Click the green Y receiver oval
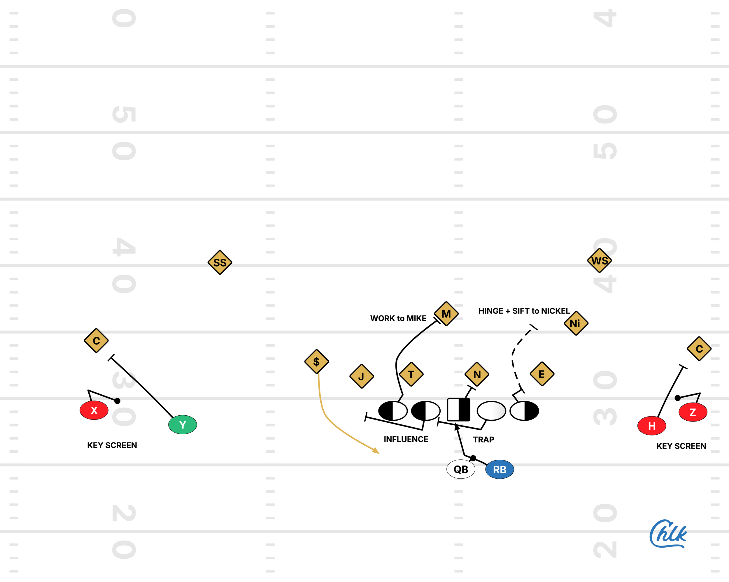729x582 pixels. [x=183, y=425]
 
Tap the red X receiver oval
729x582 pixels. [x=94, y=410]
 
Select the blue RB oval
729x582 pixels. [x=500, y=469]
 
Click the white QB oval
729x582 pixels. [x=460, y=469]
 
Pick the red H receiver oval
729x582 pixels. [x=651, y=426]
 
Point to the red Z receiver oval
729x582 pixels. [x=693, y=412]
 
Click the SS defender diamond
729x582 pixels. [x=220, y=262]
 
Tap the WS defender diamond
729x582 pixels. [x=600, y=260]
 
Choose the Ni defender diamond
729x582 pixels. [x=576, y=323]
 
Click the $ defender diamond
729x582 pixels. [x=316, y=361]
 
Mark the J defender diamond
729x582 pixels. [x=362, y=376]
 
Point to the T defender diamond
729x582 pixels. [x=411, y=374]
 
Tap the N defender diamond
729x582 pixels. [x=477, y=374]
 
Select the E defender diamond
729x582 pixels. [x=542, y=374]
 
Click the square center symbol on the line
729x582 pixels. [x=458, y=410]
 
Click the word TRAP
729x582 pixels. [x=483, y=440]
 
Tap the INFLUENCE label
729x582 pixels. [x=406, y=439]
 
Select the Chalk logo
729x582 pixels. [x=668, y=534]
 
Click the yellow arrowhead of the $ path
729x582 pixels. [x=376, y=451]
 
